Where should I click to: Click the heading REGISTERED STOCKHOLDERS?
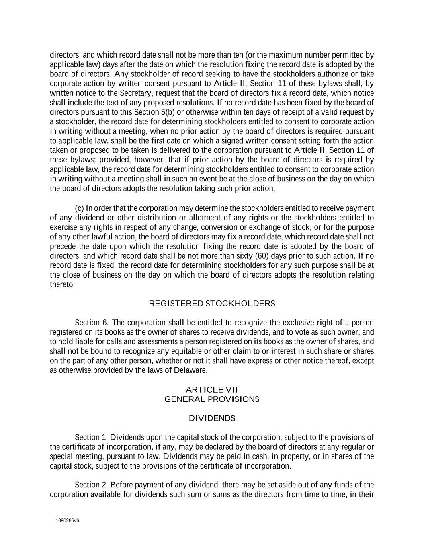click(x=212, y=304)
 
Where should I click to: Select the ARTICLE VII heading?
click(x=212, y=390)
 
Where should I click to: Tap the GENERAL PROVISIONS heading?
click(x=212, y=399)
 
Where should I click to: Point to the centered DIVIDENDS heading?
click(x=212, y=418)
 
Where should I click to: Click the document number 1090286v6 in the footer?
click(x=68, y=520)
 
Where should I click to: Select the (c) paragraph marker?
click(x=79, y=208)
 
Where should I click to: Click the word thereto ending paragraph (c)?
click(x=62, y=285)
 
